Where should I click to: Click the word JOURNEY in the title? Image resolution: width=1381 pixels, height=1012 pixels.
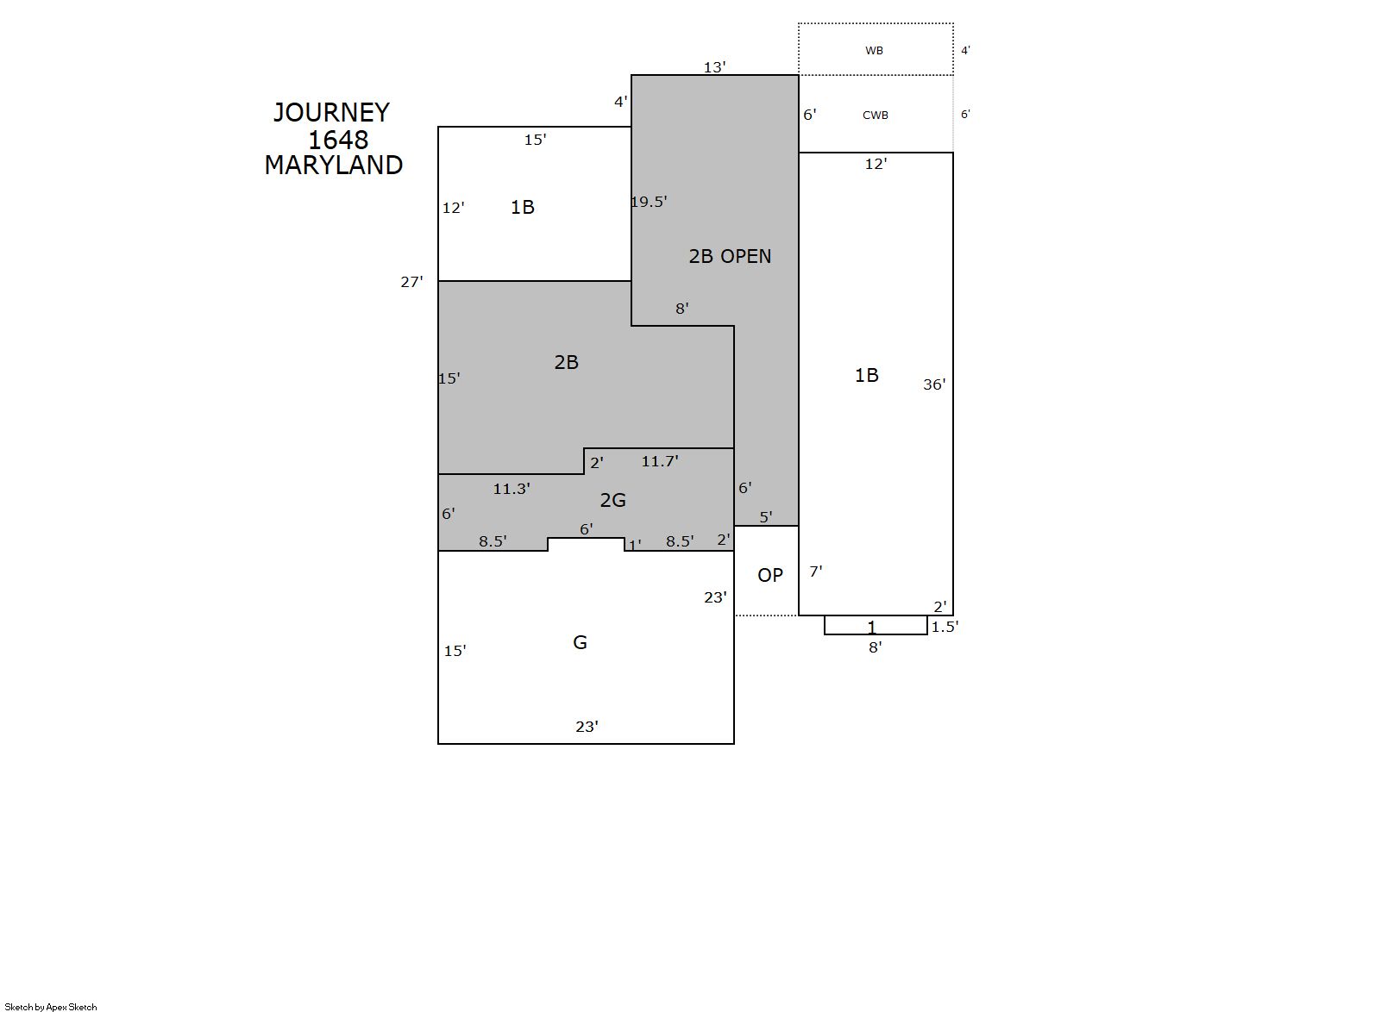click(x=332, y=113)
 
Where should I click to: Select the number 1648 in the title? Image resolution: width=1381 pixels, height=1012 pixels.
click(x=338, y=141)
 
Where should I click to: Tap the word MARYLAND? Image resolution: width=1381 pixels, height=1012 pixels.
click(x=334, y=165)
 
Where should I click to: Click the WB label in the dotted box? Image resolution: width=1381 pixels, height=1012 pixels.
click(x=874, y=51)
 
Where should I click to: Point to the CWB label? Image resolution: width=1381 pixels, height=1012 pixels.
click(x=876, y=116)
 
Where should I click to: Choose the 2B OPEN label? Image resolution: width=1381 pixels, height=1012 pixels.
click(x=730, y=256)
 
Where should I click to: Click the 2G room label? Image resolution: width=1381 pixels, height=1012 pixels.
click(x=612, y=500)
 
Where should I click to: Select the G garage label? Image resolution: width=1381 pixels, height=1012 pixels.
click(x=581, y=642)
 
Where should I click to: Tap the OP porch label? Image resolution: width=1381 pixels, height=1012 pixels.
click(x=770, y=575)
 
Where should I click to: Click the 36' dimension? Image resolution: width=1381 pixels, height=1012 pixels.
click(x=934, y=385)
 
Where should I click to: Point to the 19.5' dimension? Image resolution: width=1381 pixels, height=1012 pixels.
click(x=650, y=202)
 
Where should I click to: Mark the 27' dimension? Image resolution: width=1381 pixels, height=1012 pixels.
click(x=411, y=282)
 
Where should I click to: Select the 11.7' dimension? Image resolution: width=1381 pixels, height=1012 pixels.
click(x=660, y=461)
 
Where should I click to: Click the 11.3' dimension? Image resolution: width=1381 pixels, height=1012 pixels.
click(x=512, y=489)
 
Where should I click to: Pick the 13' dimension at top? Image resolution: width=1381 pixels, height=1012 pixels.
click(x=715, y=67)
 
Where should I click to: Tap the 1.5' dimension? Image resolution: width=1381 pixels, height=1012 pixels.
click(x=945, y=627)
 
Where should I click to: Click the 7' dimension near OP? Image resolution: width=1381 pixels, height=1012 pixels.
click(x=816, y=572)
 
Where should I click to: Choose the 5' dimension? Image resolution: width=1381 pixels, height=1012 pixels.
click(x=766, y=517)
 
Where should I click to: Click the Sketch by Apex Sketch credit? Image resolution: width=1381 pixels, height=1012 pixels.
click(x=51, y=1007)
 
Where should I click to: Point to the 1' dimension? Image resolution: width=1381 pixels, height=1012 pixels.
click(x=635, y=545)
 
